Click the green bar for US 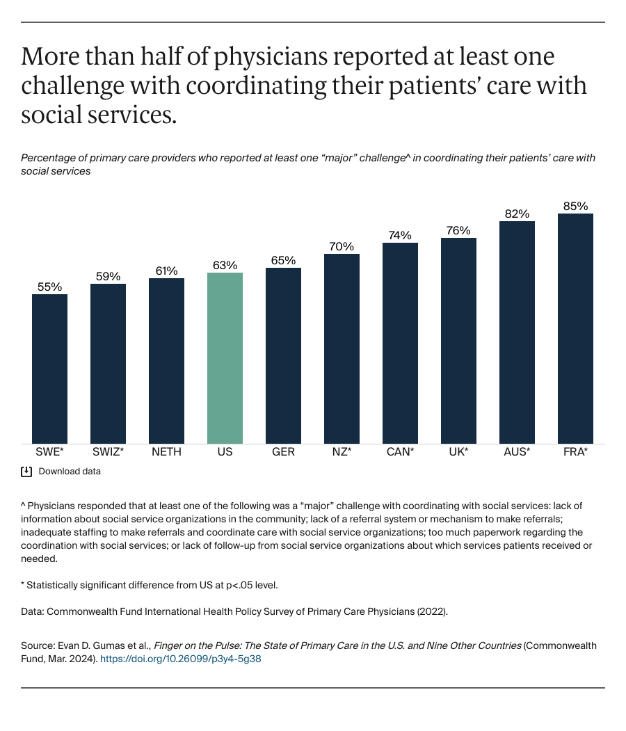click(x=225, y=358)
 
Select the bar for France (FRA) click(x=575, y=328)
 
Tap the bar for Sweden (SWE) click(x=50, y=369)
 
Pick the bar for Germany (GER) click(x=283, y=355)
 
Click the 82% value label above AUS click(x=517, y=214)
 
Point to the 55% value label click(x=50, y=287)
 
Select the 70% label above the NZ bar click(x=342, y=246)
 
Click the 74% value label click(x=400, y=235)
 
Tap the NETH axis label click(x=166, y=452)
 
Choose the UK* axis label click(x=458, y=452)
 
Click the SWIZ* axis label click(x=108, y=452)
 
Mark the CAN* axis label click(x=400, y=452)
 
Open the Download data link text click(x=70, y=472)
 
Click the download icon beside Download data click(x=26, y=472)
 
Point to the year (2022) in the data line click(x=431, y=611)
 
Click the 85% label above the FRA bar click(x=575, y=206)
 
